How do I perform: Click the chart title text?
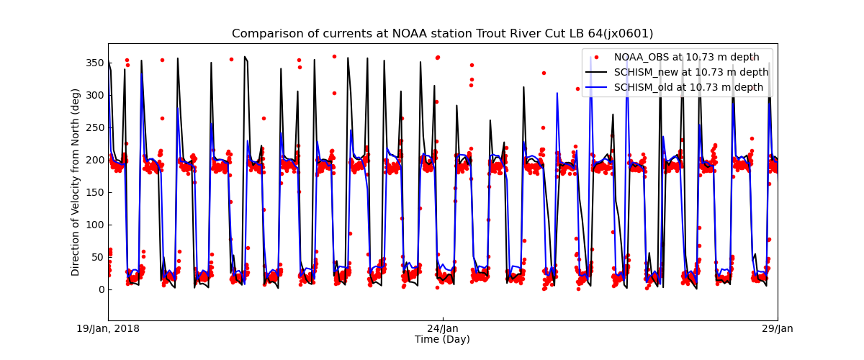(x=442, y=34)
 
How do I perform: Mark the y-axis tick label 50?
(x=96, y=257)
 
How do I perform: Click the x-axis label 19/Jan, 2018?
(x=109, y=329)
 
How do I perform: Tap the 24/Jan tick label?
(x=443, y=329)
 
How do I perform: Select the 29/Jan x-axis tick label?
(x=777, y=329)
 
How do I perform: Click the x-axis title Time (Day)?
(x=442, y=340)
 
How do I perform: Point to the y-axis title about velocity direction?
(x=76, y=182)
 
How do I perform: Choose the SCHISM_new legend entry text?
(x=691, y=72)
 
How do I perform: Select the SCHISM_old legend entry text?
(x=688, y=87)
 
